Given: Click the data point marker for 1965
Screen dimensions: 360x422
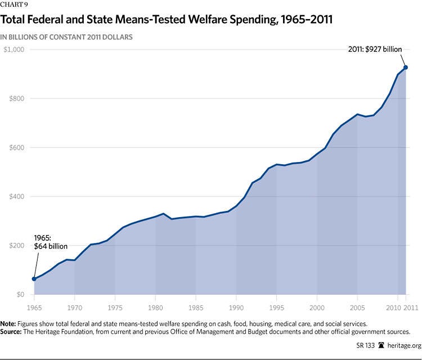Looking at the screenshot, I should click(x=34, y=279).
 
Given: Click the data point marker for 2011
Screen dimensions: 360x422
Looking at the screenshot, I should click(x=405, y=67).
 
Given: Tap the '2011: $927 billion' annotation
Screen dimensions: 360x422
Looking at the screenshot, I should click(x=375, y=49).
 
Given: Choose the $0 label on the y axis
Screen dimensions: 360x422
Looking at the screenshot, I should click(x=21, y=295).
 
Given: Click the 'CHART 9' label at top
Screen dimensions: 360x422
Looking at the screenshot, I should click(x=14, y=6).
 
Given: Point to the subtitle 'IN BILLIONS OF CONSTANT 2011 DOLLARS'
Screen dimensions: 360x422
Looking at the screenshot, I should click(x=70, y=37).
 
